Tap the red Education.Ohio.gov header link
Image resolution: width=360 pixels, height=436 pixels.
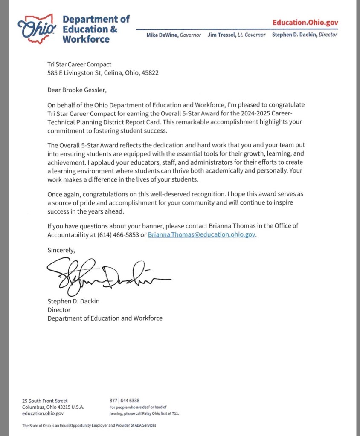tap(305, 23)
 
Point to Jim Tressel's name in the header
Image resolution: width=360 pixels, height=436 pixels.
tap(221, 35)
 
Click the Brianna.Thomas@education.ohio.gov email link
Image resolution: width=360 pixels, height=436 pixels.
tap(201, 234)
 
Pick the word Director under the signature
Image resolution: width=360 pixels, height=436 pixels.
tap(59, 310)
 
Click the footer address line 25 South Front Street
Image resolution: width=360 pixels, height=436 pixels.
tap(45, 401)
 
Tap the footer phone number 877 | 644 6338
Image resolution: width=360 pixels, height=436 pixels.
tap(125, 401)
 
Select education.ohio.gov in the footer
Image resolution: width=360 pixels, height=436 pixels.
tap(43, 413)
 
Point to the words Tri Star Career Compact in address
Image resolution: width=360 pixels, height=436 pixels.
tap(79, 64)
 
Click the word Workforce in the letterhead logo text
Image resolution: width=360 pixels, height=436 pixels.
tap(86, 40)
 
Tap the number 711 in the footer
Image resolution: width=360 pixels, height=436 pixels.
tap(174, 413)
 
